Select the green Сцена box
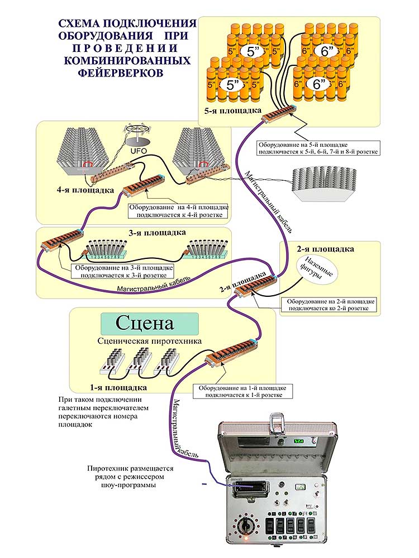(x=149, y=324)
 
